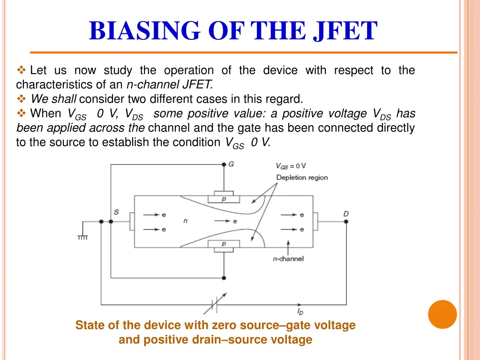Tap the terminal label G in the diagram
231,164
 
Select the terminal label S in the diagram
116,212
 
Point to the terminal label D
346,214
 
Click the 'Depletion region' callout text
302,177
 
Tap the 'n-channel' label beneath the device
288,258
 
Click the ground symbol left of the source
82,237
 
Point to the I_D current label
300,311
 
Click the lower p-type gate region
224,244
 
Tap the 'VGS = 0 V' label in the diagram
291,166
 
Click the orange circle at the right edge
442,314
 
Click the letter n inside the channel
186,220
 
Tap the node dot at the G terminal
224,165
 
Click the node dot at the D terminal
346,222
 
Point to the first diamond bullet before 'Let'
21,71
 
